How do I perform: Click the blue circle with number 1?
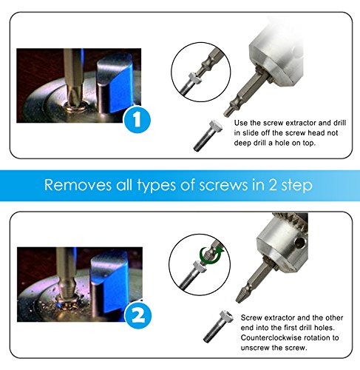point(137,120)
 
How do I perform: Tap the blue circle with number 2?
point(138,315)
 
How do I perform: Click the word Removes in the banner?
point(78,184)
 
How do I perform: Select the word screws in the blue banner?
point(223,185)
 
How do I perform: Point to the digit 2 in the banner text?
point(273,185)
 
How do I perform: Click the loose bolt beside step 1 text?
point(208,135)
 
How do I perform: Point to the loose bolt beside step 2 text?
point(218,326)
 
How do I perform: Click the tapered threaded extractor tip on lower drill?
point(241,295)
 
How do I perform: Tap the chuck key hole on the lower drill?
point(301,243)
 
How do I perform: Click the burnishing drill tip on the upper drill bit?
point(228,110)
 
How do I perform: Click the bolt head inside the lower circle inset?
point(200,267)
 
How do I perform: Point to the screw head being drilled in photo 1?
point(74,106)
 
